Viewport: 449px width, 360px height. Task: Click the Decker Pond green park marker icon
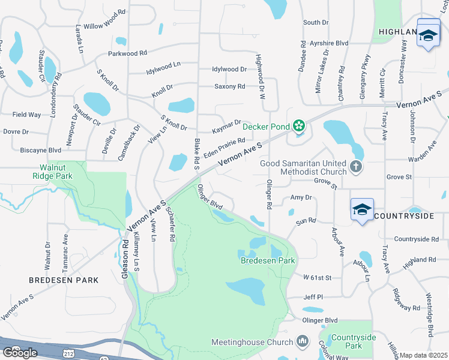click(298, 127)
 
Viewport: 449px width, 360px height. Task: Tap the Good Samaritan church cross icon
click(355, 167)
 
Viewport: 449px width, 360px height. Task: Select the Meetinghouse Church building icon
click(303, 342)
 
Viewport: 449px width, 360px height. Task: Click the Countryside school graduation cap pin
click(362, 210)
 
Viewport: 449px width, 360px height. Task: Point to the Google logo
click(20, 353)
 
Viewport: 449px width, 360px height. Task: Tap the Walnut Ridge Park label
click(53, 172)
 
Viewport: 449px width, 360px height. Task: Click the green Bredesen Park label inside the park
click(268, 261)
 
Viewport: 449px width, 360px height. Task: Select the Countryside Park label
click(354, 342)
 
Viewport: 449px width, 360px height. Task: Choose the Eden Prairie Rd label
click(224, 147)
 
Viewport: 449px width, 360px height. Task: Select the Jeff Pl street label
click(313, 297)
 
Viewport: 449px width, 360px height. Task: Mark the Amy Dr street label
click(301, 197)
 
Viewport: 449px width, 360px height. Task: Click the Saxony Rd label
click(229, 86)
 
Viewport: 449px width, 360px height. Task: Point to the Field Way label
click(26, 114)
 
